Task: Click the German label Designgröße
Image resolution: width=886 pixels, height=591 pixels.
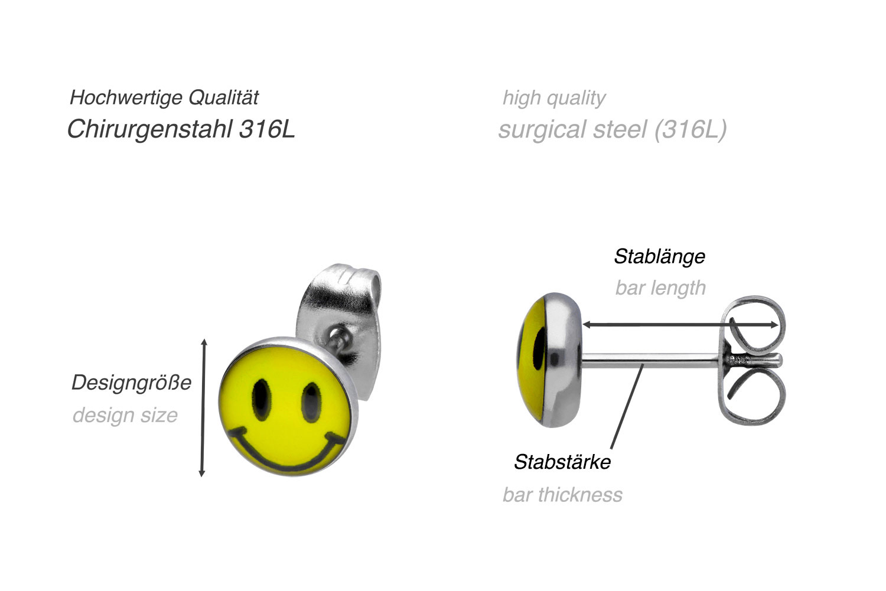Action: (131, 383)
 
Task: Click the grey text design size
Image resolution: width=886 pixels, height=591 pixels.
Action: (125, 415)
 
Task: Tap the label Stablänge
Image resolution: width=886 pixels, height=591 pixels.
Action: (659, 256)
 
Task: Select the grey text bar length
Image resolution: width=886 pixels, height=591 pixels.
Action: (660, 288)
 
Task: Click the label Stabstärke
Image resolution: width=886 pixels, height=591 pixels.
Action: (562, 462)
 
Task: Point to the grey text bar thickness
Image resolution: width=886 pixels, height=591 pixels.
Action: (562, 494)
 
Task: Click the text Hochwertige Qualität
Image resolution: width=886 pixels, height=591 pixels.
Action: (164, 97)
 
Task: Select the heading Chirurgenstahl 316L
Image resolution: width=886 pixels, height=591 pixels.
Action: (181, 129)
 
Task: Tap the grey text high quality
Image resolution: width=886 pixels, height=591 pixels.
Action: (554, 97)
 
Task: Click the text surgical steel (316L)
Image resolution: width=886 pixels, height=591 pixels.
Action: (613, 129)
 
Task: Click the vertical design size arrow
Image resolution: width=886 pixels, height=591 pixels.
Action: (203, 407)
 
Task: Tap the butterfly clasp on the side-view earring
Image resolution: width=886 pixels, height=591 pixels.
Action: (751, 360)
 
